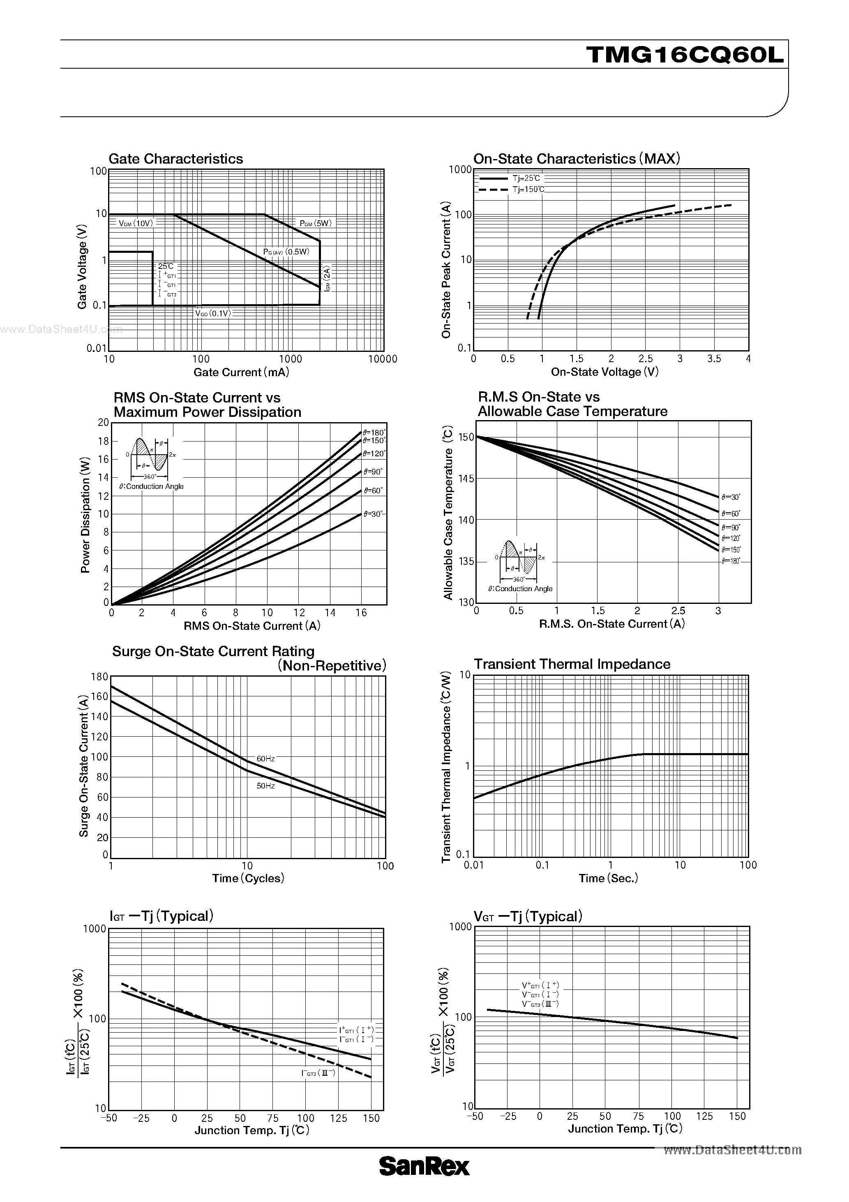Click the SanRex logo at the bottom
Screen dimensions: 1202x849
tap(424, 1181)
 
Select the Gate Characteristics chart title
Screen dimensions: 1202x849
tap(175, 159)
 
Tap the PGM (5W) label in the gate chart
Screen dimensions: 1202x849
tap(316, 224)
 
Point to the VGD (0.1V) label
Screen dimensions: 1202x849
tap(213, 314)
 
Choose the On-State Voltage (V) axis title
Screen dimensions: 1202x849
tap(604, 372)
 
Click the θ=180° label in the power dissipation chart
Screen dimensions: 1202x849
tap(374, 433)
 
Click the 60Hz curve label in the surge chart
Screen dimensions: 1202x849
tap(265, 758)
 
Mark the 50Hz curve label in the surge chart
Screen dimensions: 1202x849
tap(265, 786)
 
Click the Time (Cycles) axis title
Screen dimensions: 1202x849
tap(248, 878)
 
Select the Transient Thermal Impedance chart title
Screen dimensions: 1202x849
tap(572, 664)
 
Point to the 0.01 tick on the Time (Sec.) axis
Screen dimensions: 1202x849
tap(474, 865)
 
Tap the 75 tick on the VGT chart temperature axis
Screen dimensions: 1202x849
tap(638, 1116)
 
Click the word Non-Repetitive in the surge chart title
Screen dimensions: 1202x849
tap(332, 666)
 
